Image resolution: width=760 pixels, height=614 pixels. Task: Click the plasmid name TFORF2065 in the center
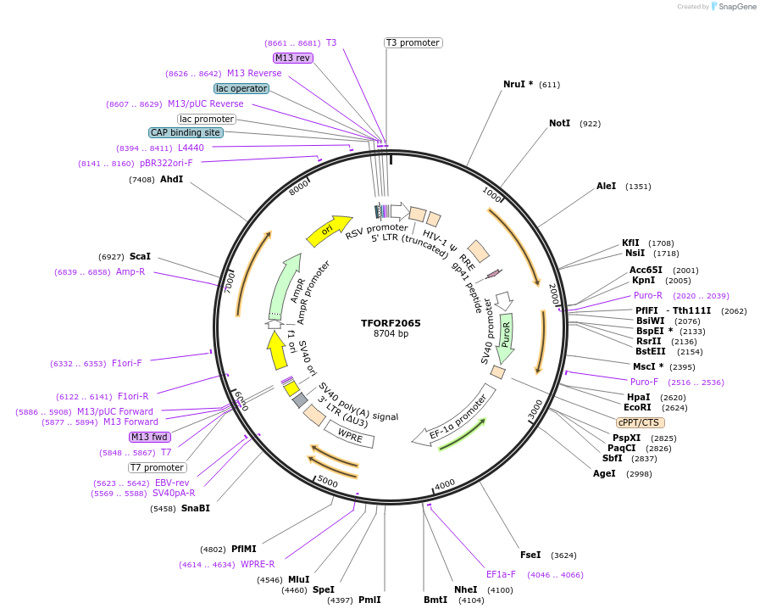(391, 323)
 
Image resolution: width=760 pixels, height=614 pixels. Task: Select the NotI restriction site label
(559, 124)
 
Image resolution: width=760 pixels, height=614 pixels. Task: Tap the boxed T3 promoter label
(413, 42)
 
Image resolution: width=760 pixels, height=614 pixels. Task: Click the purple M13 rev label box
(293, 58)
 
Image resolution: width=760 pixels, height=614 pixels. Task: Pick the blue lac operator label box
(241, 88)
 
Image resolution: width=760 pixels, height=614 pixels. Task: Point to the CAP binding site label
(186, 132)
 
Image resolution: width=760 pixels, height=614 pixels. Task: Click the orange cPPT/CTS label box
(640, 422)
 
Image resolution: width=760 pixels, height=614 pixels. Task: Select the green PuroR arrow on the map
(506, 333)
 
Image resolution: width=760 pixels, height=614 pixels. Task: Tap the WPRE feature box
(350, 434)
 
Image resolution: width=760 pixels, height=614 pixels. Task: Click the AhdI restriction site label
(171, 179)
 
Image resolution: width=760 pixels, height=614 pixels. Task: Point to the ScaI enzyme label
(140, 256)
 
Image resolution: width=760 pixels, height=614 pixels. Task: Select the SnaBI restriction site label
(195, 508)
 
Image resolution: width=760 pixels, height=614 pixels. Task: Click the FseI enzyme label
(530, 555)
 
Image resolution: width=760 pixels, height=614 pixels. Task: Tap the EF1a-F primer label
(501, 574)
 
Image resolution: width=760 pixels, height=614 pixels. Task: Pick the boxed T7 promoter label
(157, 467)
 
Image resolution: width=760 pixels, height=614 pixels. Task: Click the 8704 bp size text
(391, 334)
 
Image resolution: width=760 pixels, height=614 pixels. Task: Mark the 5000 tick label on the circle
(327, 482)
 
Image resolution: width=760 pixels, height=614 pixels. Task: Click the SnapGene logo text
(735, 7)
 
